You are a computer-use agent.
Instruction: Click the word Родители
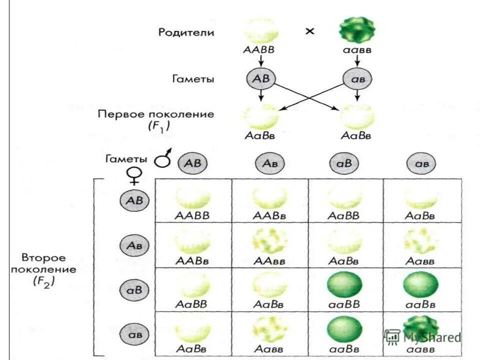(186, 33)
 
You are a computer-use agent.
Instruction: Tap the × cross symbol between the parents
(310, 31)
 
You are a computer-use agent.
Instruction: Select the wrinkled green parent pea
(356, 30)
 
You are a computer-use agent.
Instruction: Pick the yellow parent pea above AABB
(261, 30)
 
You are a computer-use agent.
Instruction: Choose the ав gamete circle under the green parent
(356, 79)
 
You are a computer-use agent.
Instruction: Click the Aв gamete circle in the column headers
(270, 163)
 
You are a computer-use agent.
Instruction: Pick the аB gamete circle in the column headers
(344, 163)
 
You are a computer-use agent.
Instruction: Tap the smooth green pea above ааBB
(344, 285)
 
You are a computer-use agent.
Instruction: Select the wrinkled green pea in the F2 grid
(420, 327)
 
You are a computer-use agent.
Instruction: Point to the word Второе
(43, 258)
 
